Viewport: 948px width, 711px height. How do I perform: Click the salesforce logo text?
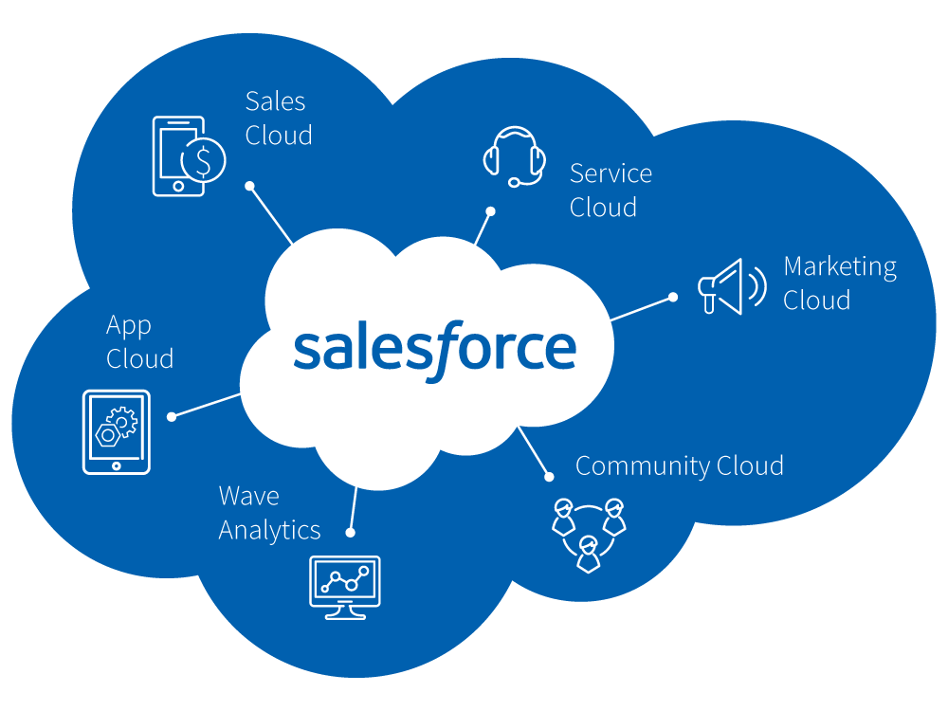pos(435,351)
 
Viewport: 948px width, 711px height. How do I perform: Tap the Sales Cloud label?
pos(279,118)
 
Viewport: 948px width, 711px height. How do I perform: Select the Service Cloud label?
pos(611,191)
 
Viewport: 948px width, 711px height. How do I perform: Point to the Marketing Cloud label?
pos(840,283)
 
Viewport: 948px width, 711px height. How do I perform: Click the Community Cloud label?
pos(680,466)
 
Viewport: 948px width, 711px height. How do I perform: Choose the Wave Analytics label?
pos(269,513)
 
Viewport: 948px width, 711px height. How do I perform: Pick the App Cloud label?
pos(139,341)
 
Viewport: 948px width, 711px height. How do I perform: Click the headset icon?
pos(515,156)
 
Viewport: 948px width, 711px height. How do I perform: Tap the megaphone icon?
pos(732,286)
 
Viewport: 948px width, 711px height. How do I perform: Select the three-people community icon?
pos(589,535)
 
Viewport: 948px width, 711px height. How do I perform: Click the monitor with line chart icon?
pos(345,588)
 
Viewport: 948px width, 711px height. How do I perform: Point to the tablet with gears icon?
pos(117,432)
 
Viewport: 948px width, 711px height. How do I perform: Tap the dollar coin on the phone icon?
pos(204,160)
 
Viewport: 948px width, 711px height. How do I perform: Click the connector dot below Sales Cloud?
pos(249,186)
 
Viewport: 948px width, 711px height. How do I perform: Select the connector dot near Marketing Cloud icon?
pos(673,297)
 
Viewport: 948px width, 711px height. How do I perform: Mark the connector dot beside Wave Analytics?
pos(350,533)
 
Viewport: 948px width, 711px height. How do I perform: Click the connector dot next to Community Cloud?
pos(549,477)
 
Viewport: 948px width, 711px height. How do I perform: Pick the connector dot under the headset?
pos(491,211)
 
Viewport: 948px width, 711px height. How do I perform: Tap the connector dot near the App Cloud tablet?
pos(172,416)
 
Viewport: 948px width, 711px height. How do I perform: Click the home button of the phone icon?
pos(178,186)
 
